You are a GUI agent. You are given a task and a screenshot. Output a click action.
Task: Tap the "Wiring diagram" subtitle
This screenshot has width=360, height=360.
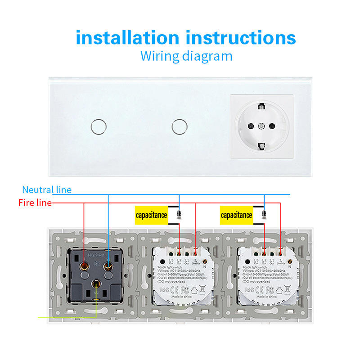coord(186,56)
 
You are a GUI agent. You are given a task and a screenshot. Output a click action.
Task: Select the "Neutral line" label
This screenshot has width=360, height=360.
coord(47,190)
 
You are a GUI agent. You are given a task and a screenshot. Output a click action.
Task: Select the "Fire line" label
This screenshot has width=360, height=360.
coord(35,203)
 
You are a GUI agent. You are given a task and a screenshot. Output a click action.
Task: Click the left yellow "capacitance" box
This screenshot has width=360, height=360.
coord(152,215)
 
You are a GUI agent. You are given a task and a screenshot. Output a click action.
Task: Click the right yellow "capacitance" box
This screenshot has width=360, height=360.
coord(236,215)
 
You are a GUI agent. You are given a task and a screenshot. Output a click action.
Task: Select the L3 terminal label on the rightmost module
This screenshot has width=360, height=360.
coord(255,261)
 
